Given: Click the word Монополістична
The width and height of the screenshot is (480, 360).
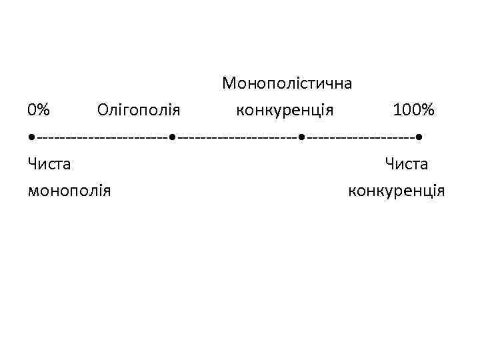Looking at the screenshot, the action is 287,84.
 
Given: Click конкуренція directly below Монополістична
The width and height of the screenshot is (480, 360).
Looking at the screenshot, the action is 285,109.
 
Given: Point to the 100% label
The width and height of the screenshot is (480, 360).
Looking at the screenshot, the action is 413,109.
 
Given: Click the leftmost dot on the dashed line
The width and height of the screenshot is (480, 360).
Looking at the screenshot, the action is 32,137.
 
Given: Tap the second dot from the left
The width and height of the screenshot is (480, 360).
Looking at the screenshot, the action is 172,137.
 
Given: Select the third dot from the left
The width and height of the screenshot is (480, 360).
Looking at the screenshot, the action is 301,137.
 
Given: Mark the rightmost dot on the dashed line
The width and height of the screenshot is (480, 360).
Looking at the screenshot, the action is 419,137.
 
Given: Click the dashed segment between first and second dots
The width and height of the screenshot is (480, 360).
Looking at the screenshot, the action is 102,137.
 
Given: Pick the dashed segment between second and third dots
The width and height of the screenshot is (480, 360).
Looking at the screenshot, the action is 237,137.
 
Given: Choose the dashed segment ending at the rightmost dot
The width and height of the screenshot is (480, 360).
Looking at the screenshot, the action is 360,137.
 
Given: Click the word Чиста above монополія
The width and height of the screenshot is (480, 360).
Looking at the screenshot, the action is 50,164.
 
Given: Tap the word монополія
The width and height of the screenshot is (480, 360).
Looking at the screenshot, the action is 70,191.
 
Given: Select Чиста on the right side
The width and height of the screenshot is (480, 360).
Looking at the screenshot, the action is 405,164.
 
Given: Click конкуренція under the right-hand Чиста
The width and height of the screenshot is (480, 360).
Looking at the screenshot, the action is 397,191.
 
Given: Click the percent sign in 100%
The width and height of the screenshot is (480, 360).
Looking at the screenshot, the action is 427,109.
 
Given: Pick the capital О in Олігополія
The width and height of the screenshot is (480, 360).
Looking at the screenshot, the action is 103,109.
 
